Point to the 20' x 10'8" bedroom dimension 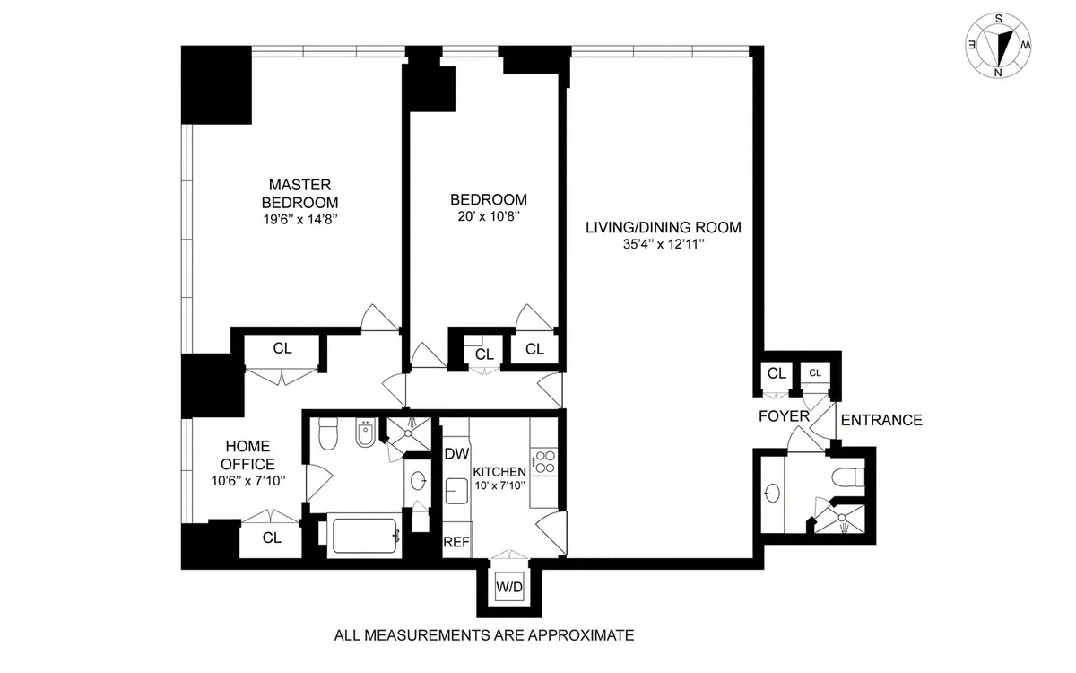click(488, 216)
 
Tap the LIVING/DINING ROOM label click(663, 227)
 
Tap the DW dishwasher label click(456, 454)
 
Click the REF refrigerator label click(456, 542)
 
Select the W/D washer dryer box click(508, 588)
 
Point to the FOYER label click(784, 416)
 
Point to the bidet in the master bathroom click(364, 436)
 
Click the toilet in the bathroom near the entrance click(846, 475)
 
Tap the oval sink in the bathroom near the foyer click(773, 493)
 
